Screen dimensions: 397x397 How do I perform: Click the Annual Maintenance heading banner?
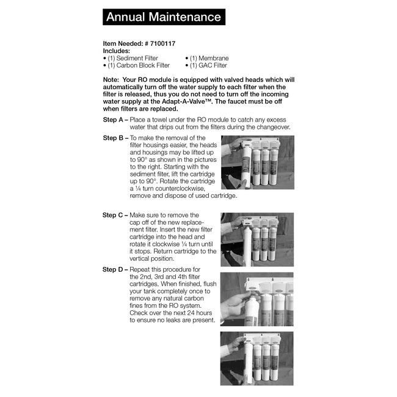point(164,17)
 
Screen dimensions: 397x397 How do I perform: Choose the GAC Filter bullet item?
point(207,65)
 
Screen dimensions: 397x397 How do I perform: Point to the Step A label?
point(114,120)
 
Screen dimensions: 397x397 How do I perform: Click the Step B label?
point(115,139)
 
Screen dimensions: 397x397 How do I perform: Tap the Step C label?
point(115,215)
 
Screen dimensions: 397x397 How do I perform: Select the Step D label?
point(115,269)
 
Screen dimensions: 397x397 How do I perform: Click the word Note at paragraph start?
point(111,80)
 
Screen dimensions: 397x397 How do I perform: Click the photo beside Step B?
point(257,162)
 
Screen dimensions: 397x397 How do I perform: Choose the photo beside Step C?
point(257,239)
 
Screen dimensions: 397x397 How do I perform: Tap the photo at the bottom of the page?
point(257,358)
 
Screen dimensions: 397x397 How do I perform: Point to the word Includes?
point(117,51)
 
